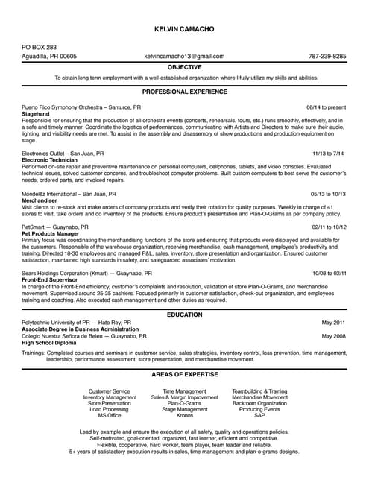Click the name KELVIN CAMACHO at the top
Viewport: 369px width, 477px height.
pyautogui.click(x=184, y=28)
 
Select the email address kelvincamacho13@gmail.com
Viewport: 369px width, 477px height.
pyautogui.click(x=184, y=57)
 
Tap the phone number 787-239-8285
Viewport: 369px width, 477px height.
pyautogui.click(x=327, y=57)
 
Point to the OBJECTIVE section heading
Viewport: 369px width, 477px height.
pyautogui.click(x=184, y=67)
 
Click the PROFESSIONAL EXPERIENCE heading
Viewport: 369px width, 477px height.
pyautogui.click(x=184, y=92)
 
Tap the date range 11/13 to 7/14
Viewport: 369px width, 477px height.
pyautogui.click(x=328, y=153)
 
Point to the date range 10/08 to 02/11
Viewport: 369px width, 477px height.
pyautogui.click(x=329, y=273)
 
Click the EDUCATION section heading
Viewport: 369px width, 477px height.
pyautogui.click(x=184, y=315)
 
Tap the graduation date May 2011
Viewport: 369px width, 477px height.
pyautogui.click(x=333, y=323)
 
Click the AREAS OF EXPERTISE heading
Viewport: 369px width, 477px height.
pyautogui.click(x=184, y=373)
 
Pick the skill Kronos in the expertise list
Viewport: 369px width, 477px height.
pyautogui.click(x=184, y=415)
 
